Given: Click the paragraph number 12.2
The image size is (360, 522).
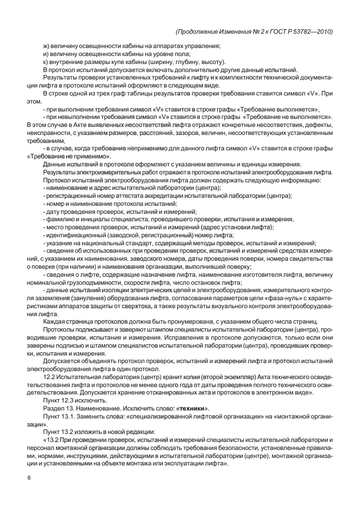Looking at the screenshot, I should click(50, 376).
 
